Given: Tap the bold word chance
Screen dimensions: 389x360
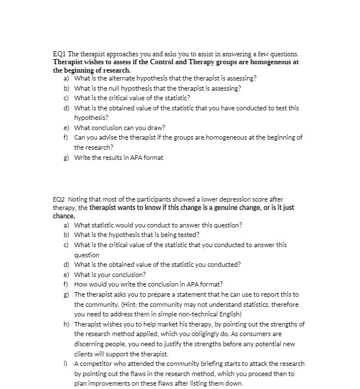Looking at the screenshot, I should pyautogui.click(x=64, y=216).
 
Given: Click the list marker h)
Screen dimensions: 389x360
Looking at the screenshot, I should pyautogui.click(x=67, y=324).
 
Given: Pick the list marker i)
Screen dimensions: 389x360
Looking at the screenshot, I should pyautogui.click(x=67, y=363).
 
